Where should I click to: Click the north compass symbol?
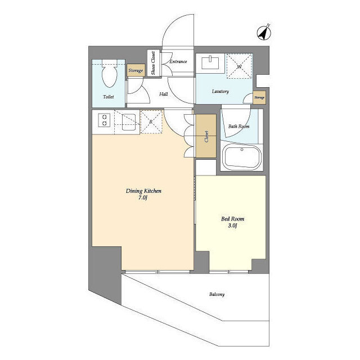pos(264,33)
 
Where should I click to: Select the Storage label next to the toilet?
pos(136,70)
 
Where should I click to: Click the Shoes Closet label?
pos(153,63)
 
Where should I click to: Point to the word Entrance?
pos(178,61)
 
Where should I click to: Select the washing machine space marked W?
pos(239,66)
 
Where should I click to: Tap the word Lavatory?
pos(220,91)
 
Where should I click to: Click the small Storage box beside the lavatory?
pos(259,97)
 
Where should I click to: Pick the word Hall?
pos(164,94)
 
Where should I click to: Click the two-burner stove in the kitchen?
pos(104,120)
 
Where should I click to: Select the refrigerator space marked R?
pos(151,121)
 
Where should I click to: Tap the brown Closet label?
pos(206,137)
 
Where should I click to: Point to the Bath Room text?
pos(238,126)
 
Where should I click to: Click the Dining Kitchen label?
pos(143,191)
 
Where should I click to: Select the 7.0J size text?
pos(142,198)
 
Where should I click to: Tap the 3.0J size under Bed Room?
pos(232,226)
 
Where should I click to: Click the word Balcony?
pos(217,294)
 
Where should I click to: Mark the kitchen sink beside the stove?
pos(129,122)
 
